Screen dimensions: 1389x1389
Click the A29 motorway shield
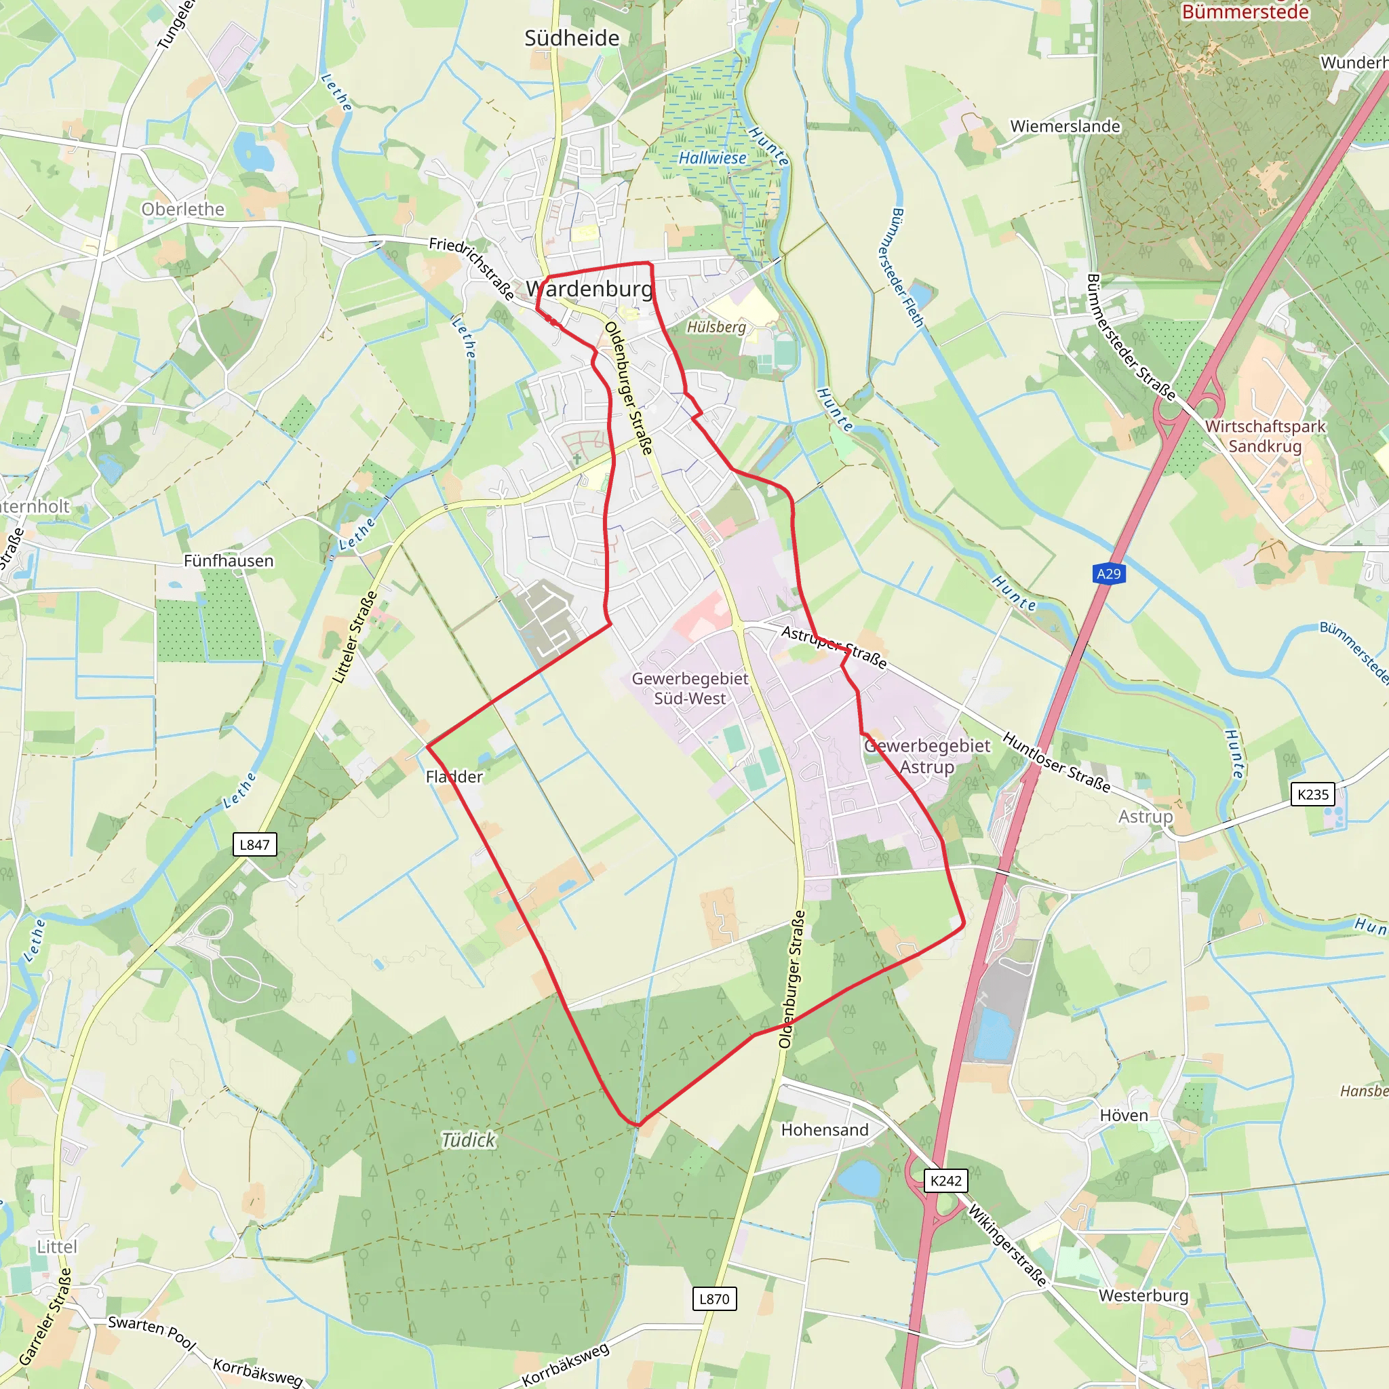coord(1108,574)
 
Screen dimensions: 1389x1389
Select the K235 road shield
coord(1313,794)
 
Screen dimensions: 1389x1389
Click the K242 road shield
coord(945,1181)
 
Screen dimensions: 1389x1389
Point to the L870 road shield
coord(714,1299)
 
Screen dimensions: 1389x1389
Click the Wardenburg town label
coord(589,289)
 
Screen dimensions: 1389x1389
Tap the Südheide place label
coord(572,38)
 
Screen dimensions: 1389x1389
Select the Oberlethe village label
coord(182,209)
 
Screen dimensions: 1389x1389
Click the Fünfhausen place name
coord(229,561)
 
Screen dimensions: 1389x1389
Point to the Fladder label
coord(454,777)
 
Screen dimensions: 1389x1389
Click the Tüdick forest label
coord(468,1139)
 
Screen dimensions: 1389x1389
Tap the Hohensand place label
coord(825,1129)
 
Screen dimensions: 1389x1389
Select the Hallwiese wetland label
coord(713,157)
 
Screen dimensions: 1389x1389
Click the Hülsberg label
coord(716,327)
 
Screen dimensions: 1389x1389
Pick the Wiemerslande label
coord(1065,127)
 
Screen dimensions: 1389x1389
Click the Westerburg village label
coord(1143,1295)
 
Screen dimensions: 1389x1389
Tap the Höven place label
coord(1124,1115)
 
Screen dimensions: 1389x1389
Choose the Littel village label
coord(57,1247)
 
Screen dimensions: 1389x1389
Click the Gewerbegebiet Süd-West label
coord(690,688)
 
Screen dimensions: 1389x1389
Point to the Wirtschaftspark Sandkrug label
coord(1265,435)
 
